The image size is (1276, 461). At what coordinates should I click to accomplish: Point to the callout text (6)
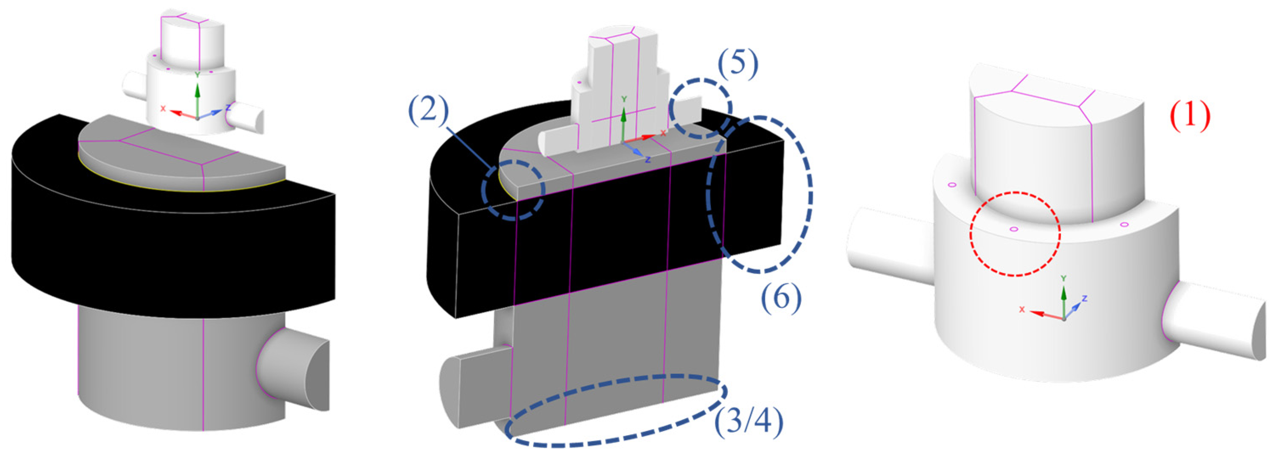pyautogui.click(x=781, y=298)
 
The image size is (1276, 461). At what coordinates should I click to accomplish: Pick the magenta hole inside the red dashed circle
pyautogui.click(x=1014, y=229)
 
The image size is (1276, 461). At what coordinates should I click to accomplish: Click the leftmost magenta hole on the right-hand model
pyautogui.click(x=951, y=185)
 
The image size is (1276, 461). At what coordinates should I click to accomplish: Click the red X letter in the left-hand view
pyautogui.click(x=163, y=108)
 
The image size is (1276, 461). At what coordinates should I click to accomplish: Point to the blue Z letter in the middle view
pyautogui.click(x=648, y=160)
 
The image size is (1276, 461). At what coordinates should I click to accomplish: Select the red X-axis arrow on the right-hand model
pyautogui.click(x=1043, y=313)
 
